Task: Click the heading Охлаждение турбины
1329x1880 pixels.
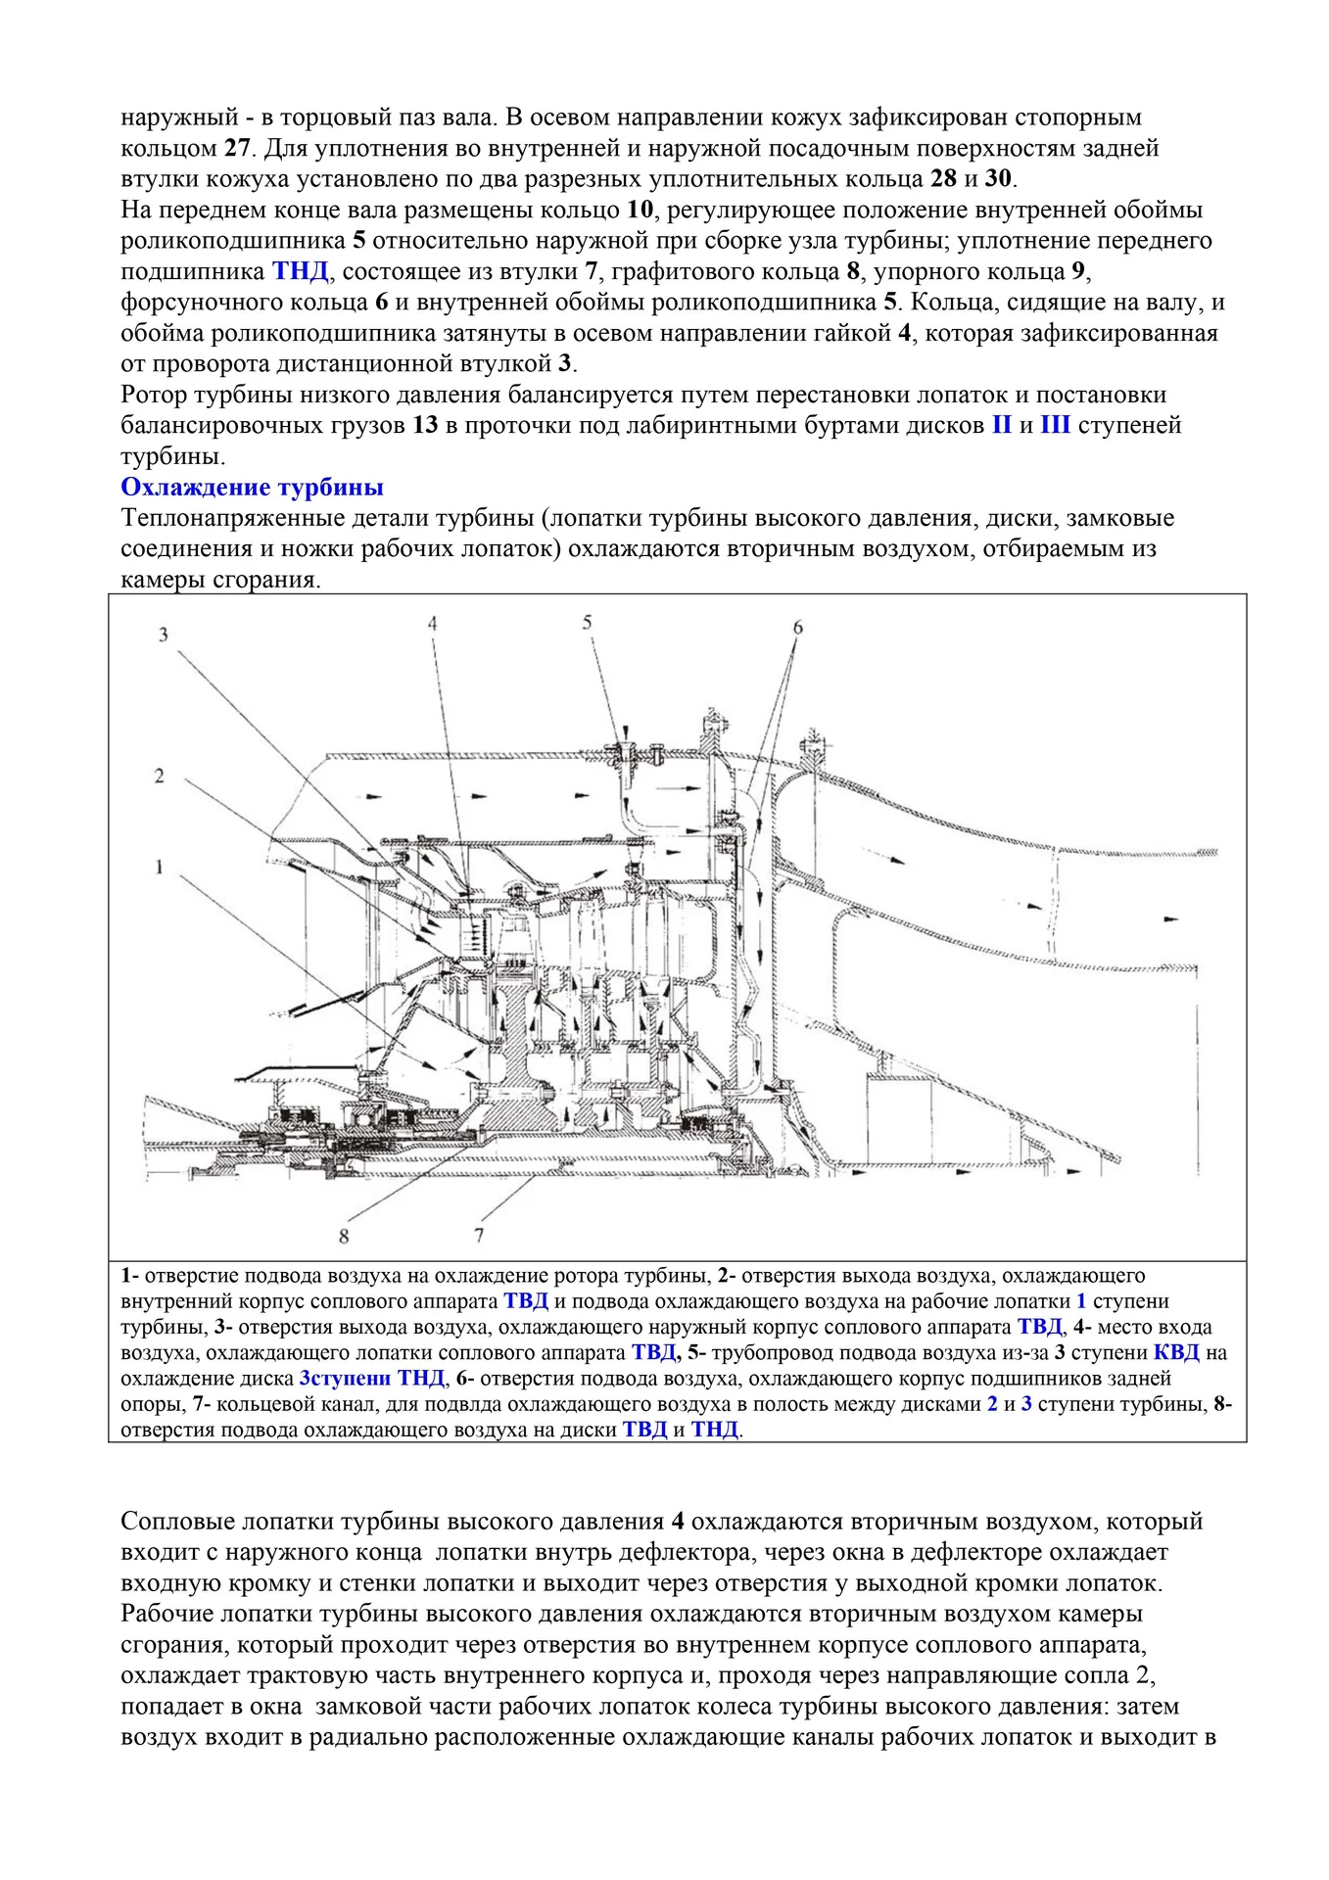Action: [252, 488]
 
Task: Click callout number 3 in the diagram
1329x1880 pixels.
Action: [164, 634]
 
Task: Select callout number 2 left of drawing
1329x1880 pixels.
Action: [159, 776]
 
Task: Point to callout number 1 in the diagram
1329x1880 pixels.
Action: [159, 867]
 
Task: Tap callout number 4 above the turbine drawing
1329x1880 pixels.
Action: [432, 624]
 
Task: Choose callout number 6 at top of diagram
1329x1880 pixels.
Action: [797, 627]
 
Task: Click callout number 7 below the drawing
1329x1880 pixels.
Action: [479, 1236]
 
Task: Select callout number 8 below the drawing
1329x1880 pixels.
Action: [344, 1237]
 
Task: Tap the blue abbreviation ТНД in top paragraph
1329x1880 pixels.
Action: [300, 271]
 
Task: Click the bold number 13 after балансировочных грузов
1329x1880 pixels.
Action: [425, 426]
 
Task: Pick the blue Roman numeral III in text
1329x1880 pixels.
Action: [1056, 426]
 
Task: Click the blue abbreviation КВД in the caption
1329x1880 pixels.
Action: [1176, 1353]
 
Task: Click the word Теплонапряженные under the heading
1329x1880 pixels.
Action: [224, 518]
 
